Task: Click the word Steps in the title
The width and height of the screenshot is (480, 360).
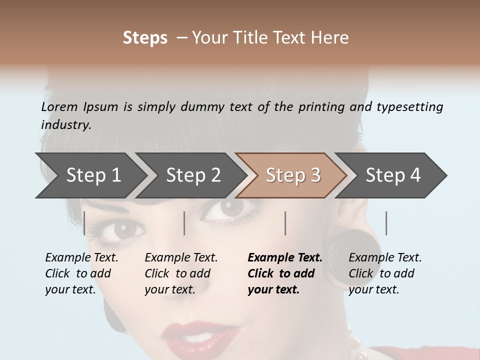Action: pos(145,38)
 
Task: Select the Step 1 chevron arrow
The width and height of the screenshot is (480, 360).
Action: pos(90,175)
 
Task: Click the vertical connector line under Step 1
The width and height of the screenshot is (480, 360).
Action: pos(84,223)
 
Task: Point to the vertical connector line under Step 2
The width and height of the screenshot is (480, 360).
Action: pos(184,223)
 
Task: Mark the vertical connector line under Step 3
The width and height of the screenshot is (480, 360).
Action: pos(285,223)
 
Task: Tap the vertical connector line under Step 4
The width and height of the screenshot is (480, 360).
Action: pos(386,223)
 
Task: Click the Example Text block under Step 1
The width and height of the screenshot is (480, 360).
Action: pos(81,273)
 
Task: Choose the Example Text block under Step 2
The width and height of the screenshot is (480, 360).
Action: pos(181,273)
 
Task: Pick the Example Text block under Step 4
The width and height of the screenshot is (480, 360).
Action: pos(385,273)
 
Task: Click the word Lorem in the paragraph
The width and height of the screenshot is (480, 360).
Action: pos(59,106)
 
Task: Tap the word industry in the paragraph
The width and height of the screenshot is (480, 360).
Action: pos(65,124)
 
